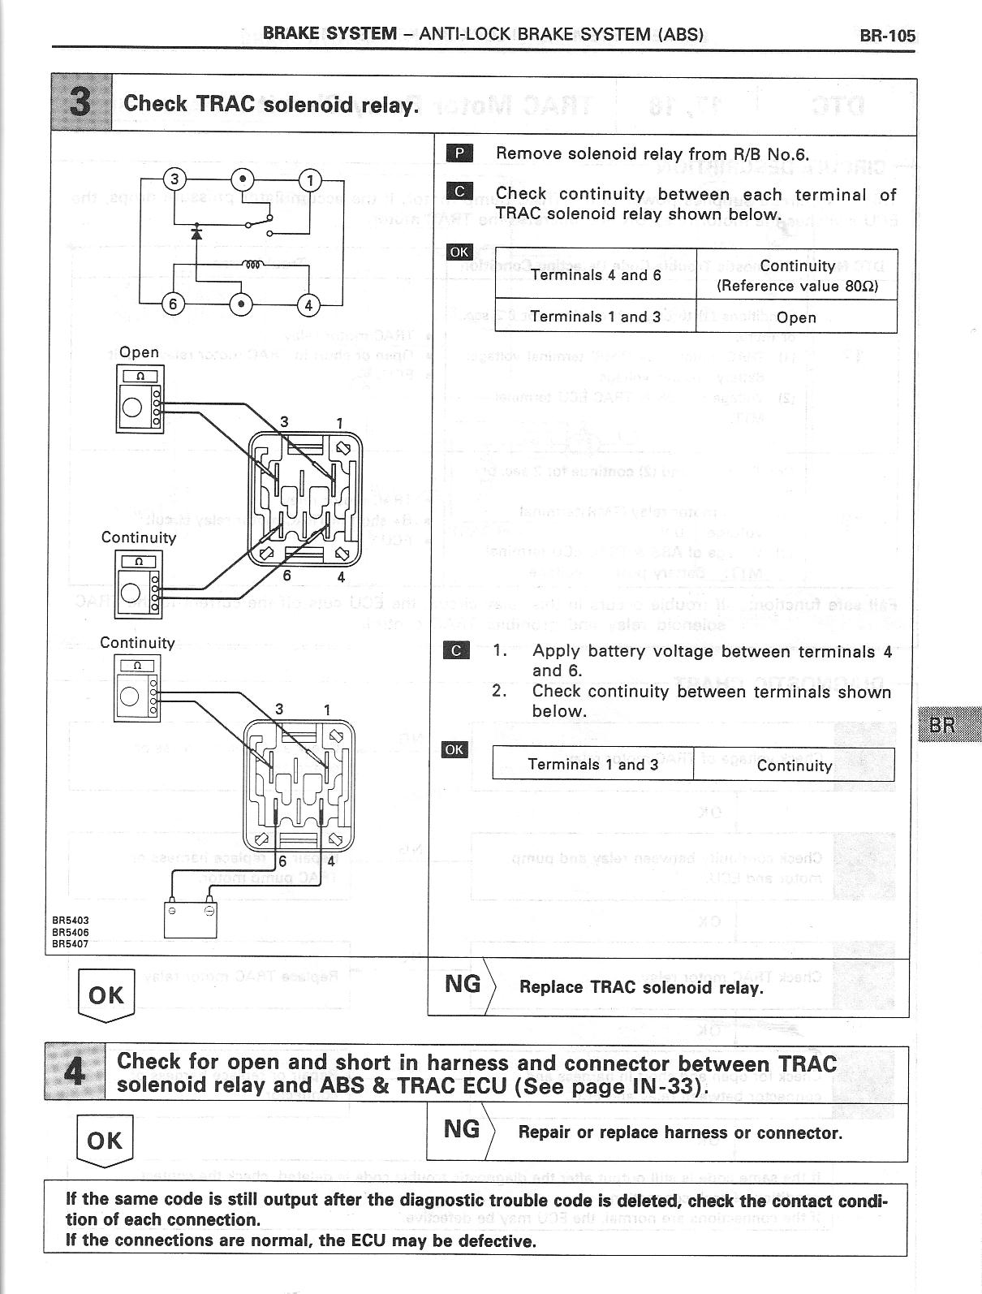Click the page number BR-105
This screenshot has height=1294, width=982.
coord(887,35)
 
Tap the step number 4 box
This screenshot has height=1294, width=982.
coord(75,1072)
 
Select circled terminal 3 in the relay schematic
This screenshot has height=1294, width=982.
coord(175,179)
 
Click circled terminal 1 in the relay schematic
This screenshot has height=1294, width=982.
coord(311,179)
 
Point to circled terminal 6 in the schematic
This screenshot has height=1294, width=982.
coord(173,304)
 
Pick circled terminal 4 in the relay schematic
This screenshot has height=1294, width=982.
coord(309,305)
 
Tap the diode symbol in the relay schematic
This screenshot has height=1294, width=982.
coord(196,233)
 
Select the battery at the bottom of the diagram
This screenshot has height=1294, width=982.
coord(190,918)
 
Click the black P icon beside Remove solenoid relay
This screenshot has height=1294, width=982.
coord(459,153)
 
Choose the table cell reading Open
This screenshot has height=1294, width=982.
coord(796,317)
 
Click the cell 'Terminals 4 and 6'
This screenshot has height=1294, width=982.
coord(596,275)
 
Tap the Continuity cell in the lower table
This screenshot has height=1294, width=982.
coord(794,766)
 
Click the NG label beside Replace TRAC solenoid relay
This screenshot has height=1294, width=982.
coord(463,985)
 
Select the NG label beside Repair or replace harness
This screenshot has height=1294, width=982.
coord(461,1129)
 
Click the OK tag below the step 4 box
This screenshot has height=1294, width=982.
coord(105,1141)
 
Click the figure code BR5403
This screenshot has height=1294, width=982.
coord(70,920)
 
